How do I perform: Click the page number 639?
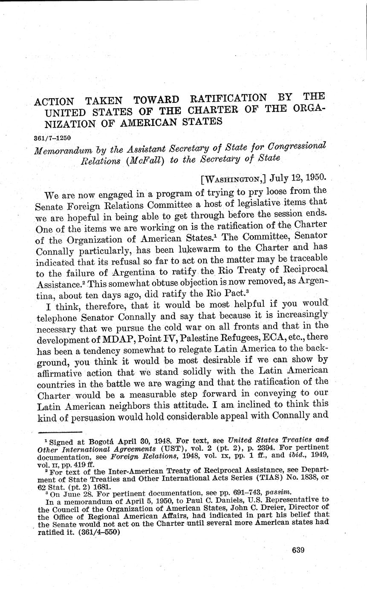click(x=298, y=550)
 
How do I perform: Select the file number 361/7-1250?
click(x=52, y=138)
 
